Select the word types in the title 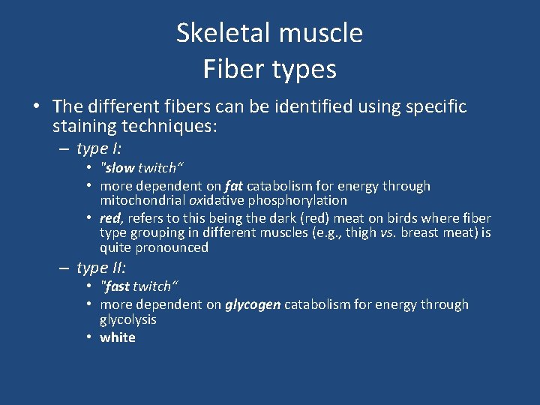pos(300,70)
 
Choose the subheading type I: pos(99,148)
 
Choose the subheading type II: pos(101,268)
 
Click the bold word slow pos(119,168)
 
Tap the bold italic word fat pos(235,186)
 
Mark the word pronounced pos(172,247)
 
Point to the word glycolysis pos(128,319)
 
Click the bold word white pos(118,337)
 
